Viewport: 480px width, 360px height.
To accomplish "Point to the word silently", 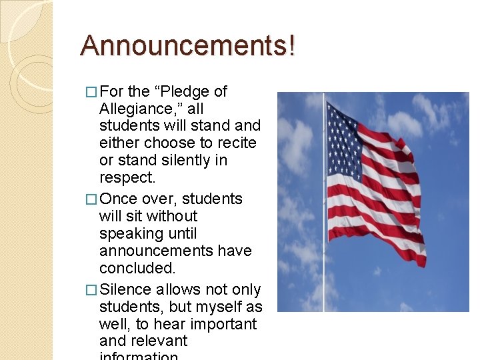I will tap(186, 161).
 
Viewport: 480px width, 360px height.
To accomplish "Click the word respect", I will tap(127, 178).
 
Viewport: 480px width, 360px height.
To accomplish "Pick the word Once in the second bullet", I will tap(118, 199).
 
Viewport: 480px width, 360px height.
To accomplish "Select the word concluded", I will tap(137, 268).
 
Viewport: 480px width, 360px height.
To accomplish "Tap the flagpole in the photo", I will tap(324, 267).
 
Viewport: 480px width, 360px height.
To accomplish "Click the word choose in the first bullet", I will tap(173, 143).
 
